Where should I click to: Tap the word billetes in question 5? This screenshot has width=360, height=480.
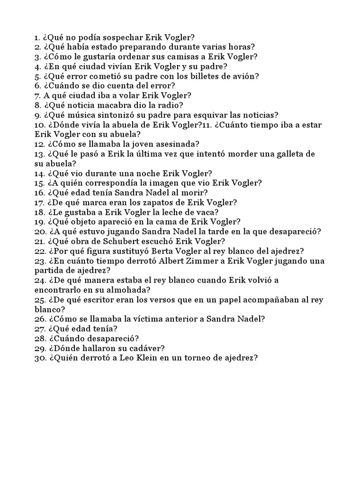tap(182, 76)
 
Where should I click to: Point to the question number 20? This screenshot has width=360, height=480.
tap(39, 232)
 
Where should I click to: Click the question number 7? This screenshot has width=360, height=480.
tap(37, 95)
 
